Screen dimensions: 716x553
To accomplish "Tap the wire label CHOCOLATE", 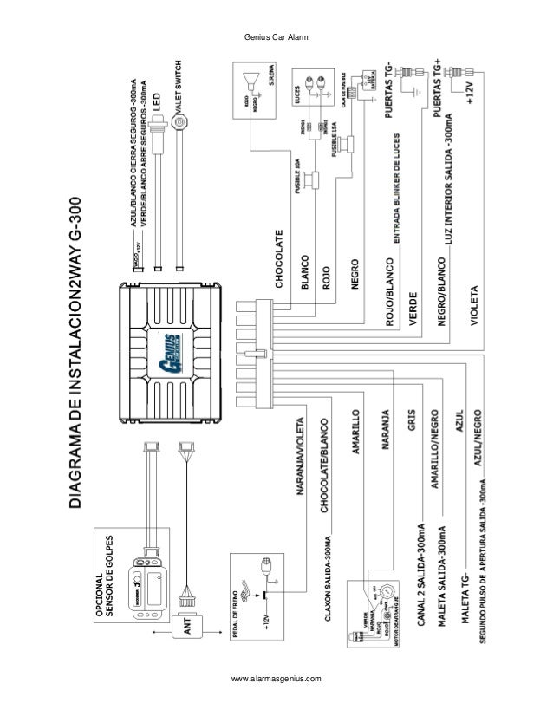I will (x=279, y=258).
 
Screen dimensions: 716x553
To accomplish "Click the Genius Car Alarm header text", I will (x=276, y=36).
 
